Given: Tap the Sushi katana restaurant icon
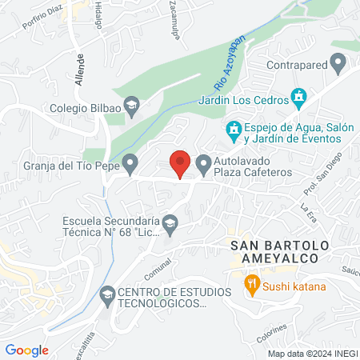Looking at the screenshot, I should coord(251,283).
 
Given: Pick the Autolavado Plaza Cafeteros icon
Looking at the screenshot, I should coord(202,162).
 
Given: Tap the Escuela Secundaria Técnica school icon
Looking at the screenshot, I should coord(170,222).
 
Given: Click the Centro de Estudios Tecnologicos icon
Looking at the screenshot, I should coord(106,295).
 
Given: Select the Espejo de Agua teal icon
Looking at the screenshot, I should coord(234,128).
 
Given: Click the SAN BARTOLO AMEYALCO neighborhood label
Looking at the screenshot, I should coord(274,251).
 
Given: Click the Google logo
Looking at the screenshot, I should coord(27,350).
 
